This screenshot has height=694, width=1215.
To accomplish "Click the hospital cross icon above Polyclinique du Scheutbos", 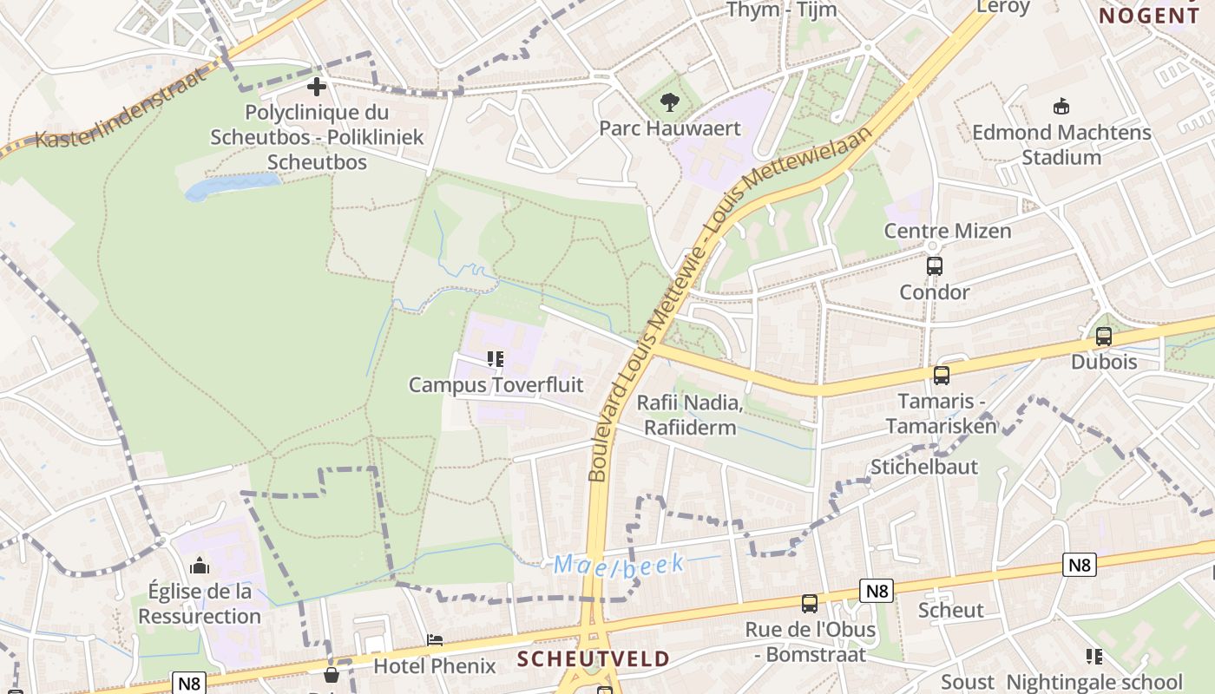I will point(317,87).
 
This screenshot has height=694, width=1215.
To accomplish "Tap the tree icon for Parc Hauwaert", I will point(669,102).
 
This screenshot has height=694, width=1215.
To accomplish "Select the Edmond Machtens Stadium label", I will point(1061,145).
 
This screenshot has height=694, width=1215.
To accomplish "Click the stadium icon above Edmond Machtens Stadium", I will point(1061,107).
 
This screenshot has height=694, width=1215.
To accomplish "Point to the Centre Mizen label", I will point(947,231).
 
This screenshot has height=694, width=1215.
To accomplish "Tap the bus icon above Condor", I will point(935,266).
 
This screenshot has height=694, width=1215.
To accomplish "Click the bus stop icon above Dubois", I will point(1104,337).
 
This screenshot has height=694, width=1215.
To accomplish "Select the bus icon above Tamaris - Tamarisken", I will point(942,376).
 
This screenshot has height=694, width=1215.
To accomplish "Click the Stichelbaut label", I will point(923,467).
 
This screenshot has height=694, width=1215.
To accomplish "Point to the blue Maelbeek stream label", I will point(619,565).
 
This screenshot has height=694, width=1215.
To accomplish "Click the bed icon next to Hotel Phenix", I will point(436,640).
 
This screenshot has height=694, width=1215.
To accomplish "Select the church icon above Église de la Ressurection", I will point(200,566).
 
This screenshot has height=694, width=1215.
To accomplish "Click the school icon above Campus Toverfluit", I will point(496,359).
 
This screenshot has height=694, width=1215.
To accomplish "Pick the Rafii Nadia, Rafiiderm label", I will point(690,416).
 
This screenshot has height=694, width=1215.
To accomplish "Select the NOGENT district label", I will point(1149,15).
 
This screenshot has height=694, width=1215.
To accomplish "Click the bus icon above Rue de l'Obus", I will point(810,604).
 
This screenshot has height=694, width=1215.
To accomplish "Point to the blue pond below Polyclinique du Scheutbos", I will point(233,185).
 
